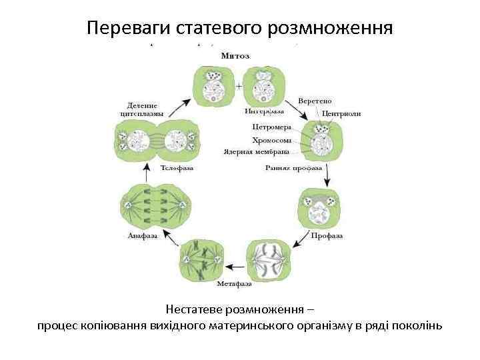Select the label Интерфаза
[x=264, y=111]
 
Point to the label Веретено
[x=315, y=101]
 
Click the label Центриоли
[x=341, y=114]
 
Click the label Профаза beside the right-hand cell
[x=327, y=235]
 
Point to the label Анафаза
[x=143, y=235]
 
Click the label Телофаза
[x=177, y=168]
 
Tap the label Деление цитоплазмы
[x=141, y=109]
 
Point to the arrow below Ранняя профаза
[x=327, y=177]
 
